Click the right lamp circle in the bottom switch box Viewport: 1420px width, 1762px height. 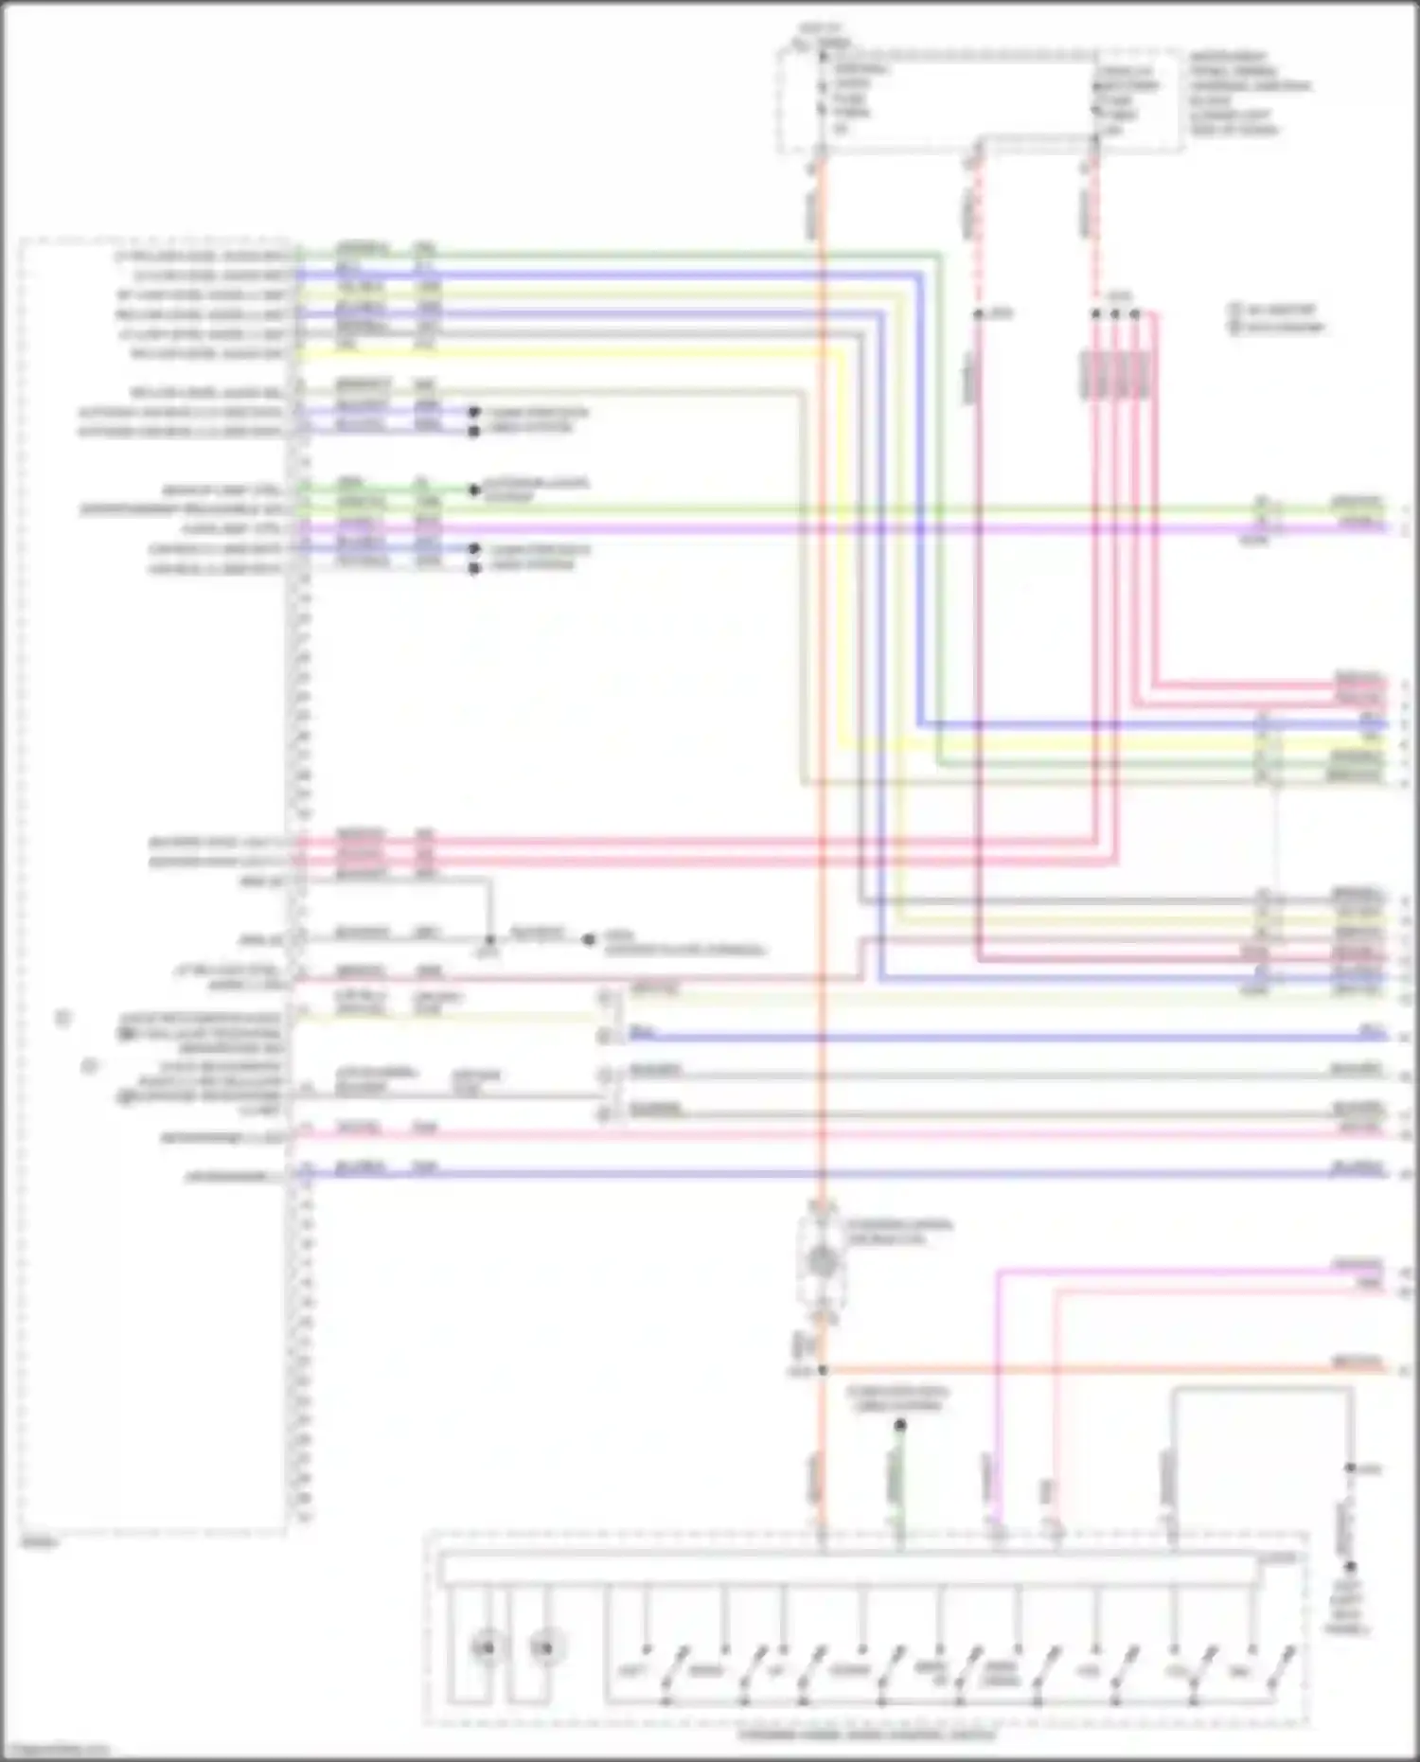[x=542, y=1648]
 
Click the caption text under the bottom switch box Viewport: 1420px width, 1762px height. [x=866, y=1735]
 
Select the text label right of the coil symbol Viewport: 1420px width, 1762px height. [x=899, y=1232]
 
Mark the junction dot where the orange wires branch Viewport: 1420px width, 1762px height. [x=822, y=1370]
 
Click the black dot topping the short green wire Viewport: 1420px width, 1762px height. [x=900, y=1425]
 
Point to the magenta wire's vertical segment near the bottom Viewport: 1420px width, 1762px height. [x=997, y=1401]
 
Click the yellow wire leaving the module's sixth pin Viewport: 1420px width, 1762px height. [x=568, y=354]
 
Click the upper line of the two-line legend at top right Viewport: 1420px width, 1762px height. [x=1278, y=310]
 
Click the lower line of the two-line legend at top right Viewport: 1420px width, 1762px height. [x=1278, y=327]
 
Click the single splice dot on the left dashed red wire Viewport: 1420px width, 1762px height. [x=979, y=313]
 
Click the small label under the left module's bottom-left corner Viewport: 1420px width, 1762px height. [x=38, y=1543]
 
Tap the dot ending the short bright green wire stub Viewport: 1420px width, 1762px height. [x=474, y=490]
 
